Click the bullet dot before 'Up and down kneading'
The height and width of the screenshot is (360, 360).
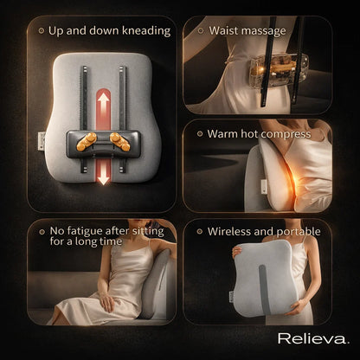pos(42,30)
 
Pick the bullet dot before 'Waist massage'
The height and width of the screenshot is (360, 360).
pos(200,30)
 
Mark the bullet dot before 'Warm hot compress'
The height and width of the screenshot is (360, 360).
pos(200,134)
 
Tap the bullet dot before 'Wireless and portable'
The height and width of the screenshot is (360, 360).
pos(200,232)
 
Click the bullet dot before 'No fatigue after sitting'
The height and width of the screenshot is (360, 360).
pos(42,231)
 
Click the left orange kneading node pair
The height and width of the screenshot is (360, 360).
pos(86,140)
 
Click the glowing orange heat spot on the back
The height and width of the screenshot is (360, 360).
pos(264,184)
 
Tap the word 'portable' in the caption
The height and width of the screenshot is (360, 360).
pos(298,232)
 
